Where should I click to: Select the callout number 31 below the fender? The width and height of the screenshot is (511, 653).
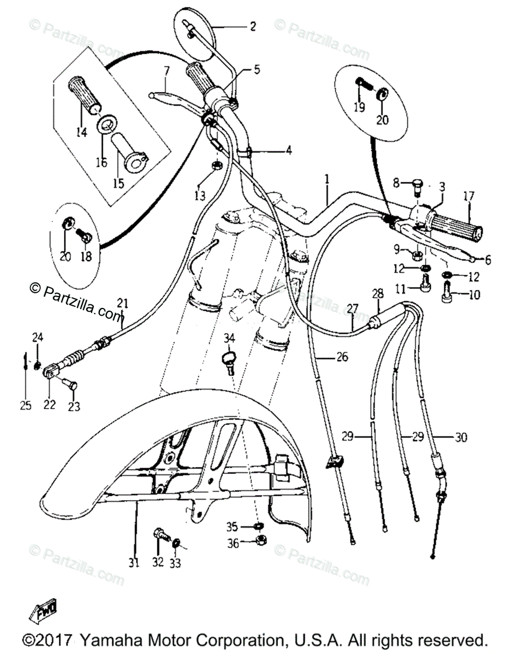pos(134,563)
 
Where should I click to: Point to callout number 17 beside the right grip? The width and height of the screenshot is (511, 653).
pos(469,196)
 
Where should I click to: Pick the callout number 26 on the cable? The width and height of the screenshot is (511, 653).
pos(341,358)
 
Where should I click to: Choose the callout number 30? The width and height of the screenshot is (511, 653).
pos(461,436)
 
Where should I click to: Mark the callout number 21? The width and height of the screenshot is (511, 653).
pos(123,304)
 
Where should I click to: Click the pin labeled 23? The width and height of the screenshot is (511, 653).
pos(71,385)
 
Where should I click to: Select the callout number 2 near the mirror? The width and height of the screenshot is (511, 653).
pos(252,26)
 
